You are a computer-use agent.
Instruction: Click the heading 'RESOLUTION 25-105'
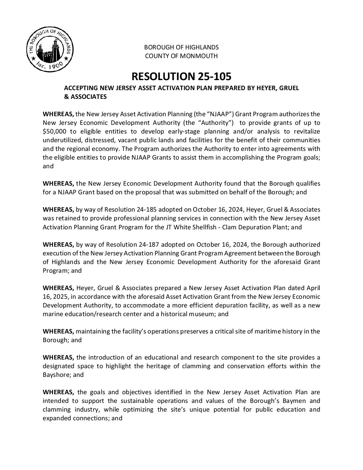[181, 76]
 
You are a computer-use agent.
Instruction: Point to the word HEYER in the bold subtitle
[261, 88]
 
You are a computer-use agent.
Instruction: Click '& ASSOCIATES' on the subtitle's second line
[85, 97]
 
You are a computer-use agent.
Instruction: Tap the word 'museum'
[204, 314]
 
